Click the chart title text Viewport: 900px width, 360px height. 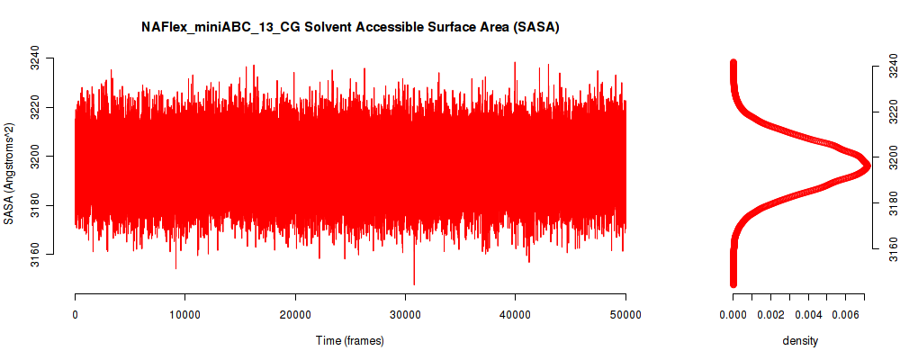350,27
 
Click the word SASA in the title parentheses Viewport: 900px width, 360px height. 536,27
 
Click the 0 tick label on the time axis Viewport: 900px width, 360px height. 76,314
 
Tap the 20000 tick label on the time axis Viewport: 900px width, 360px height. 295,314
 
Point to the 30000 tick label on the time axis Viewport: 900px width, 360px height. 405,314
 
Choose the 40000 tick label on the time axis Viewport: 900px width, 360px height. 516,314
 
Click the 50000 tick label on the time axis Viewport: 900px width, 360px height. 625,314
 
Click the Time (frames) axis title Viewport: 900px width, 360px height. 349,340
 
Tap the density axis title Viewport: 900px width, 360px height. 800,340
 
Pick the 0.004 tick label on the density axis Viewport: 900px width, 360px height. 807,314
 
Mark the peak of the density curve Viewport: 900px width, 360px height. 866,166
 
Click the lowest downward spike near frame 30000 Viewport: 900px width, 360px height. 414,283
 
